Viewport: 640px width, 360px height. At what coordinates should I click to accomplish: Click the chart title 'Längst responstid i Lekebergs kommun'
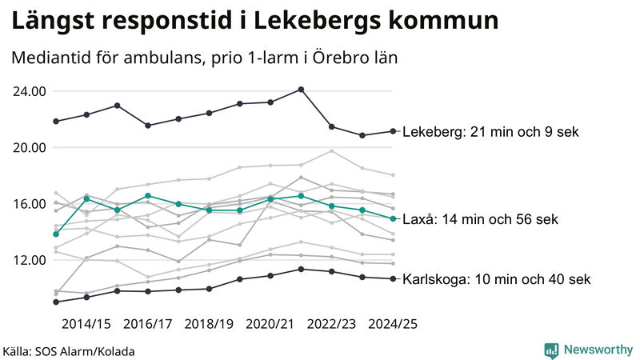coord(255,22)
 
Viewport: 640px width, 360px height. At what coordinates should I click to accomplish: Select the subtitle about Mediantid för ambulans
coord(205,58)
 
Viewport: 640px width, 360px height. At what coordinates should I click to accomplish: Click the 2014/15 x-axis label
coord(86,324)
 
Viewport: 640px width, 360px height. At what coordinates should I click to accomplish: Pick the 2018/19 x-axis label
coord(209,324)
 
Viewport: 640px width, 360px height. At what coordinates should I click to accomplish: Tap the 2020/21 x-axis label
coord(270,324)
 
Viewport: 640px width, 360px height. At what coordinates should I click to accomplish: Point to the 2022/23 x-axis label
coord(331,324)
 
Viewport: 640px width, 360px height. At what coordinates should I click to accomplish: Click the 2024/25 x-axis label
coord(392,324)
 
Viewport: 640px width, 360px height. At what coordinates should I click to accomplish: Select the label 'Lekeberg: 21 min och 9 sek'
coord(490,132)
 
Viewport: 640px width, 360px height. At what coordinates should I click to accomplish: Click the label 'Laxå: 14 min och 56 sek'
coord(480,219)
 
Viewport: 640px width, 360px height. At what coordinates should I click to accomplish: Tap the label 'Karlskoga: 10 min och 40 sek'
coord(496,279)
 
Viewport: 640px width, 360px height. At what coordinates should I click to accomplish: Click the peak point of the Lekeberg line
coord(301,90)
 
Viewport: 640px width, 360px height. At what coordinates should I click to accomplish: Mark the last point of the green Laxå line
coord(392,218)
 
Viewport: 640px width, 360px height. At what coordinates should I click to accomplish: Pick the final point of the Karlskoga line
coord(392,278)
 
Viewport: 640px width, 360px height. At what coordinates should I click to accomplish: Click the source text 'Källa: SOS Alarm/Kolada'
coord(69,351)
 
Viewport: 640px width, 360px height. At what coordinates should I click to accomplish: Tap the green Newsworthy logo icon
coord(551,350)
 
